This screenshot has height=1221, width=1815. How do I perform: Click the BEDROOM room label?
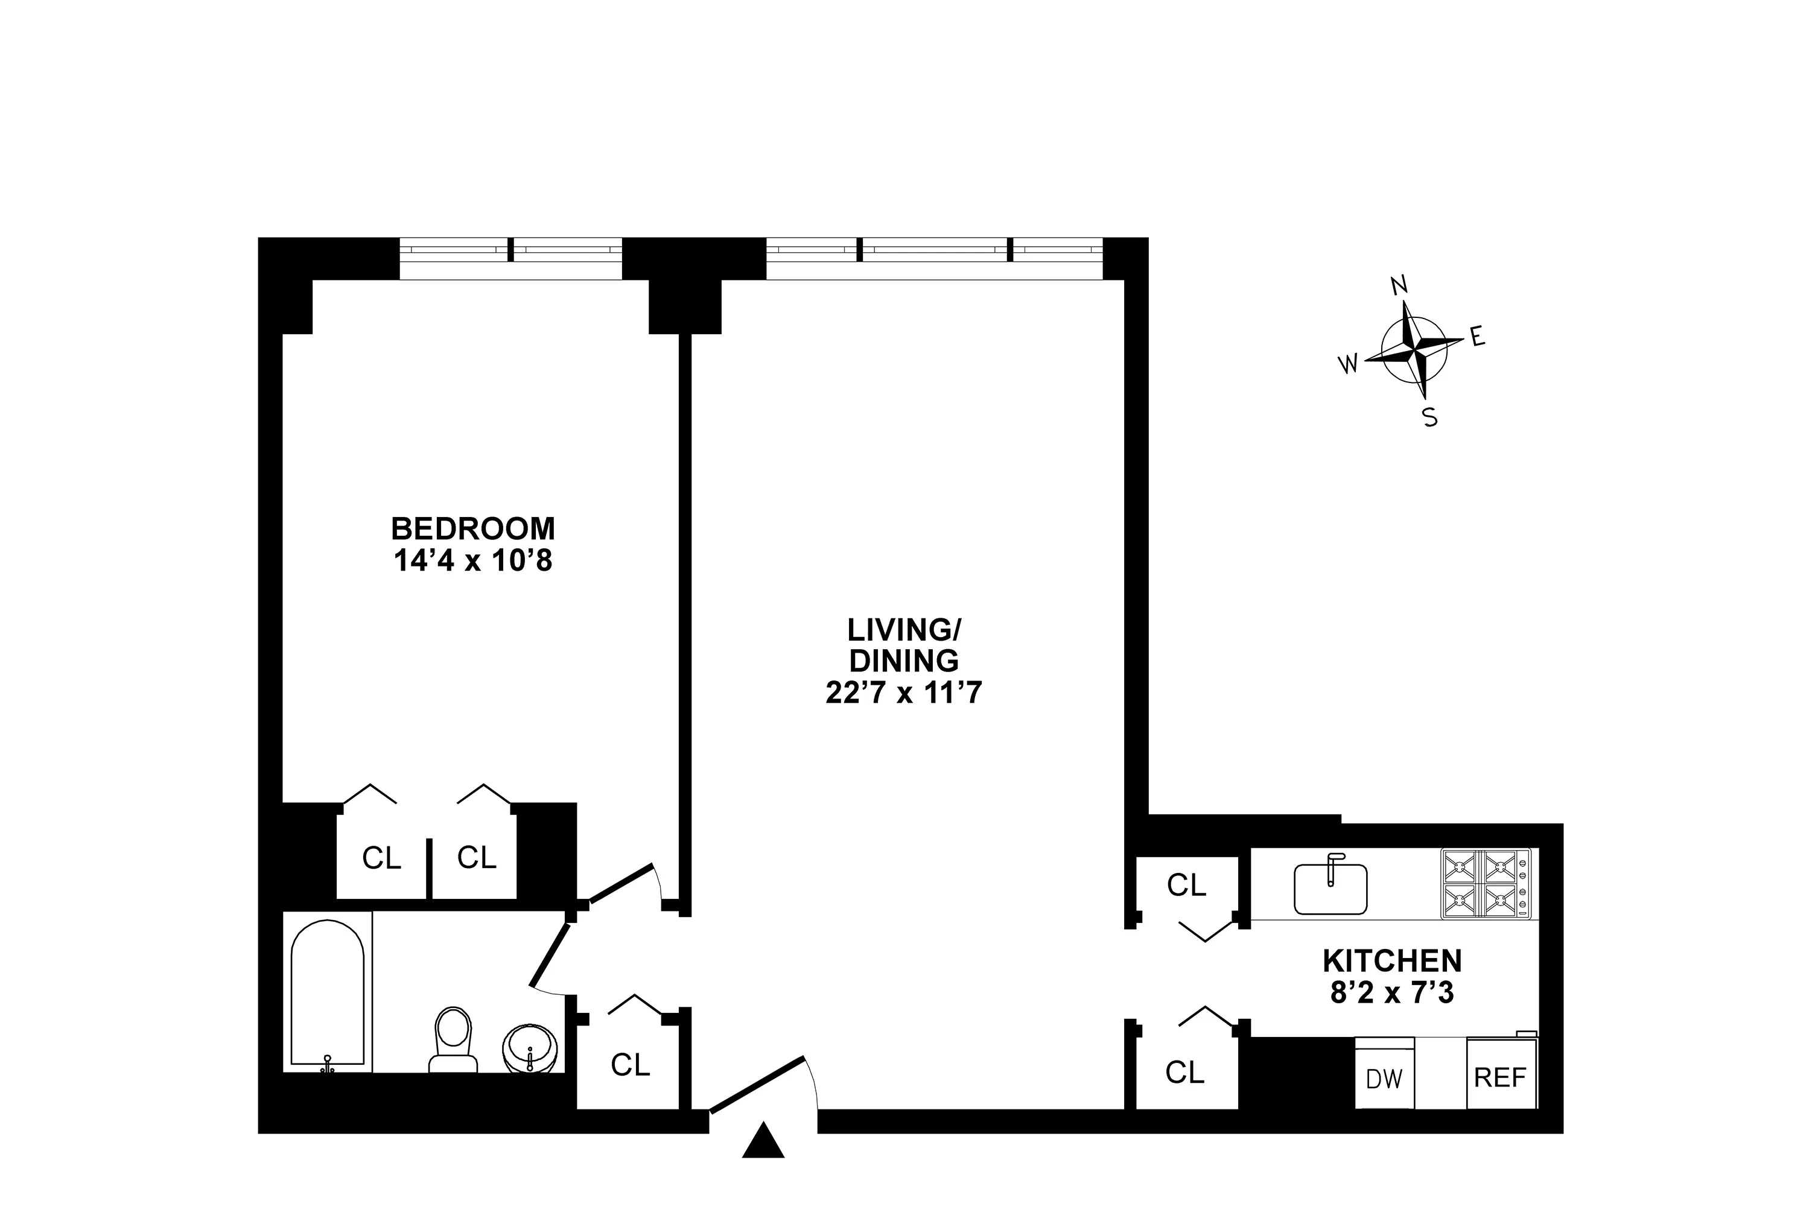point(472,528)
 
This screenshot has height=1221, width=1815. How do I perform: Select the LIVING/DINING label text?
point(903,645)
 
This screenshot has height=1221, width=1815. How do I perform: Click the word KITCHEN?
point(1391,961)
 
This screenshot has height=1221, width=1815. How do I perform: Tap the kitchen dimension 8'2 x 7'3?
point(1391,994)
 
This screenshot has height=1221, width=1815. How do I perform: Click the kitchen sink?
point(1330,889)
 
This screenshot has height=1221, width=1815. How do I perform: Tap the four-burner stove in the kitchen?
point(1485,883)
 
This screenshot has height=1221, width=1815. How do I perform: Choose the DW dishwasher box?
point(1384,1077)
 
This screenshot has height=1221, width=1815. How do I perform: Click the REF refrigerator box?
point(1501,1076)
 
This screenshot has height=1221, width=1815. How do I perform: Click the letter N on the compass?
point(1399,286)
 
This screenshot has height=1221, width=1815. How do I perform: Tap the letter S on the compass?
point(1429,418)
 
